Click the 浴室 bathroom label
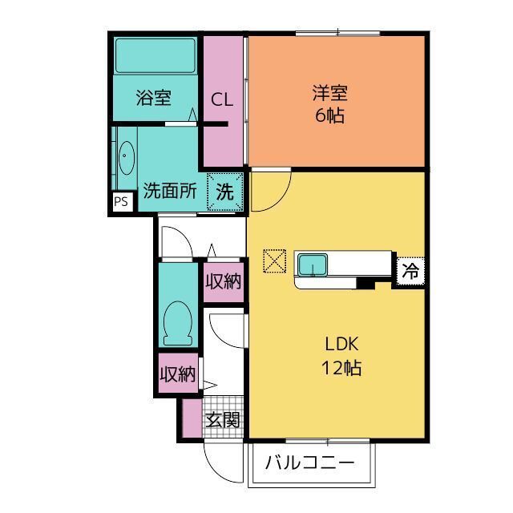[153, 99]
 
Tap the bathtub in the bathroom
[155, 55]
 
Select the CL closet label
[222, 100]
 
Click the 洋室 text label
[329, 93]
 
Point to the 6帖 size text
[329, 115]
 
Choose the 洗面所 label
[170, 192]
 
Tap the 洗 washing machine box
[225, 192]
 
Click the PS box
[121, 202]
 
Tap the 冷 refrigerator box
[410, 270]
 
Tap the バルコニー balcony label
[309, 463]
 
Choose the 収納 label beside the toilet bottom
[177, 374]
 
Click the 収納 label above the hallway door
[223, 281]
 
